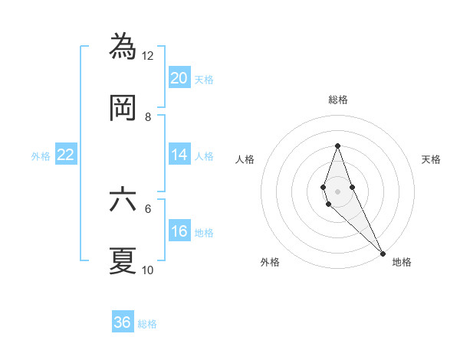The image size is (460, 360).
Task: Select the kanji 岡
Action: coord(123,108)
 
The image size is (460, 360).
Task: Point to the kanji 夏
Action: coord(123,260)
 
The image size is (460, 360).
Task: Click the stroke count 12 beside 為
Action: coord(148,56)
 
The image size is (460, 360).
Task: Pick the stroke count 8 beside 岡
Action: coord(148,117)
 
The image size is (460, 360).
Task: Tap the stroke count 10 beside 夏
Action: coord(148,270)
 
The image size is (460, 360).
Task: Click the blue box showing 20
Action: coord(179,78)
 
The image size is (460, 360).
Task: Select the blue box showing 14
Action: coord(179,155)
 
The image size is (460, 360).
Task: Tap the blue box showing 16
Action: coord(179,231)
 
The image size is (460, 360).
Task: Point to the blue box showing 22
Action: coord(66,155)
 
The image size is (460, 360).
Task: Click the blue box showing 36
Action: coord(123,322)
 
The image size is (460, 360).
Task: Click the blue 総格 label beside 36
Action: coord(147,324)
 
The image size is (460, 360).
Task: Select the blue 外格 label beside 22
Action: coord(41,156)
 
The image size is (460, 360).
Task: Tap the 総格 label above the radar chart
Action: coord(337,100)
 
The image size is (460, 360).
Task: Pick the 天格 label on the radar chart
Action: coord(431,159)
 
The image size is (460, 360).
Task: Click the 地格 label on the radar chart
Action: coord(402,263)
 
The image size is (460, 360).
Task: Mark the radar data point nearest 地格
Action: coord(382,253)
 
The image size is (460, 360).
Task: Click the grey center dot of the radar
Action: coord(337,191)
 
